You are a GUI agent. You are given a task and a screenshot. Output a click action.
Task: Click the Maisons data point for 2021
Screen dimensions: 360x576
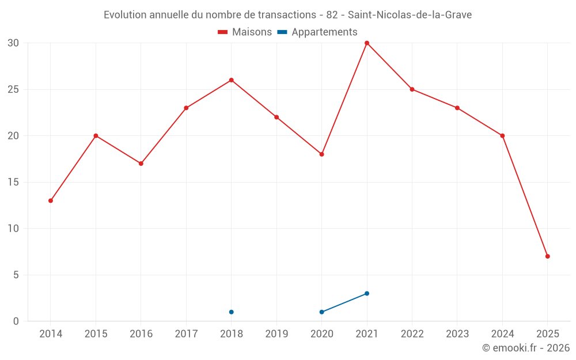point(367,43)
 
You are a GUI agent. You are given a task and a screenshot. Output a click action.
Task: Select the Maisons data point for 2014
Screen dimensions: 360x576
point(51,200)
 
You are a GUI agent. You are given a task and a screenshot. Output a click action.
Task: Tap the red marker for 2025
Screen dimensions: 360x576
point(547,256)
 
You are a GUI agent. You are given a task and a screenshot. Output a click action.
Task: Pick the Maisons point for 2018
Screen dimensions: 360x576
point(232,80)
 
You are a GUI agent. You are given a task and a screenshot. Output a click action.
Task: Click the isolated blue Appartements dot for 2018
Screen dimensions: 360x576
point(232,312)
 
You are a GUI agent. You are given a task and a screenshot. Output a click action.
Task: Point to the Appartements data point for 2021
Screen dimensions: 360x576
point(367,293)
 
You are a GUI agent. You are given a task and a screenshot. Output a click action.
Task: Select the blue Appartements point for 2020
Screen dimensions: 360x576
point(321,312)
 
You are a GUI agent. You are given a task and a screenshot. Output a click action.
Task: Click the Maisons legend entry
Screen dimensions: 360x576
point(245,32)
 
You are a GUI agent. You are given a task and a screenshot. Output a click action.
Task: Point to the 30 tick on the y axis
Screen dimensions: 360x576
point(13,43)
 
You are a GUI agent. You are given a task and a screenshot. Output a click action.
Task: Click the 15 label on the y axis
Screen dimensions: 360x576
point(13,182)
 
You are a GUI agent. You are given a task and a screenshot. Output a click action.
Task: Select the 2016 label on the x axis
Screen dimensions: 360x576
point(141,334)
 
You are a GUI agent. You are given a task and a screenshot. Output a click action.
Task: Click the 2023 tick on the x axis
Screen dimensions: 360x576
point(457,334)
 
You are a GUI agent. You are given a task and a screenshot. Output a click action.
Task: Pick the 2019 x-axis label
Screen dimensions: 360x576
point(276,334)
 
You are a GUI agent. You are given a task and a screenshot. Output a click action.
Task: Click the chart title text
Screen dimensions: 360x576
point(287,15)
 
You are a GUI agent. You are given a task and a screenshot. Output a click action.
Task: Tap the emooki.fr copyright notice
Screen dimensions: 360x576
point(525,348)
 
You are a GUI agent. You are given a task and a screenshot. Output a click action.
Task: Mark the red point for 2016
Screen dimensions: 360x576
point(141,164)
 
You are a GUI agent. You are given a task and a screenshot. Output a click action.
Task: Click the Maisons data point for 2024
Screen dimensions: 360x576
point(502,136)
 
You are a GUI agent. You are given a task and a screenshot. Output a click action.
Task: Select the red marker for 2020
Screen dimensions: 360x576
point(321,154)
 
